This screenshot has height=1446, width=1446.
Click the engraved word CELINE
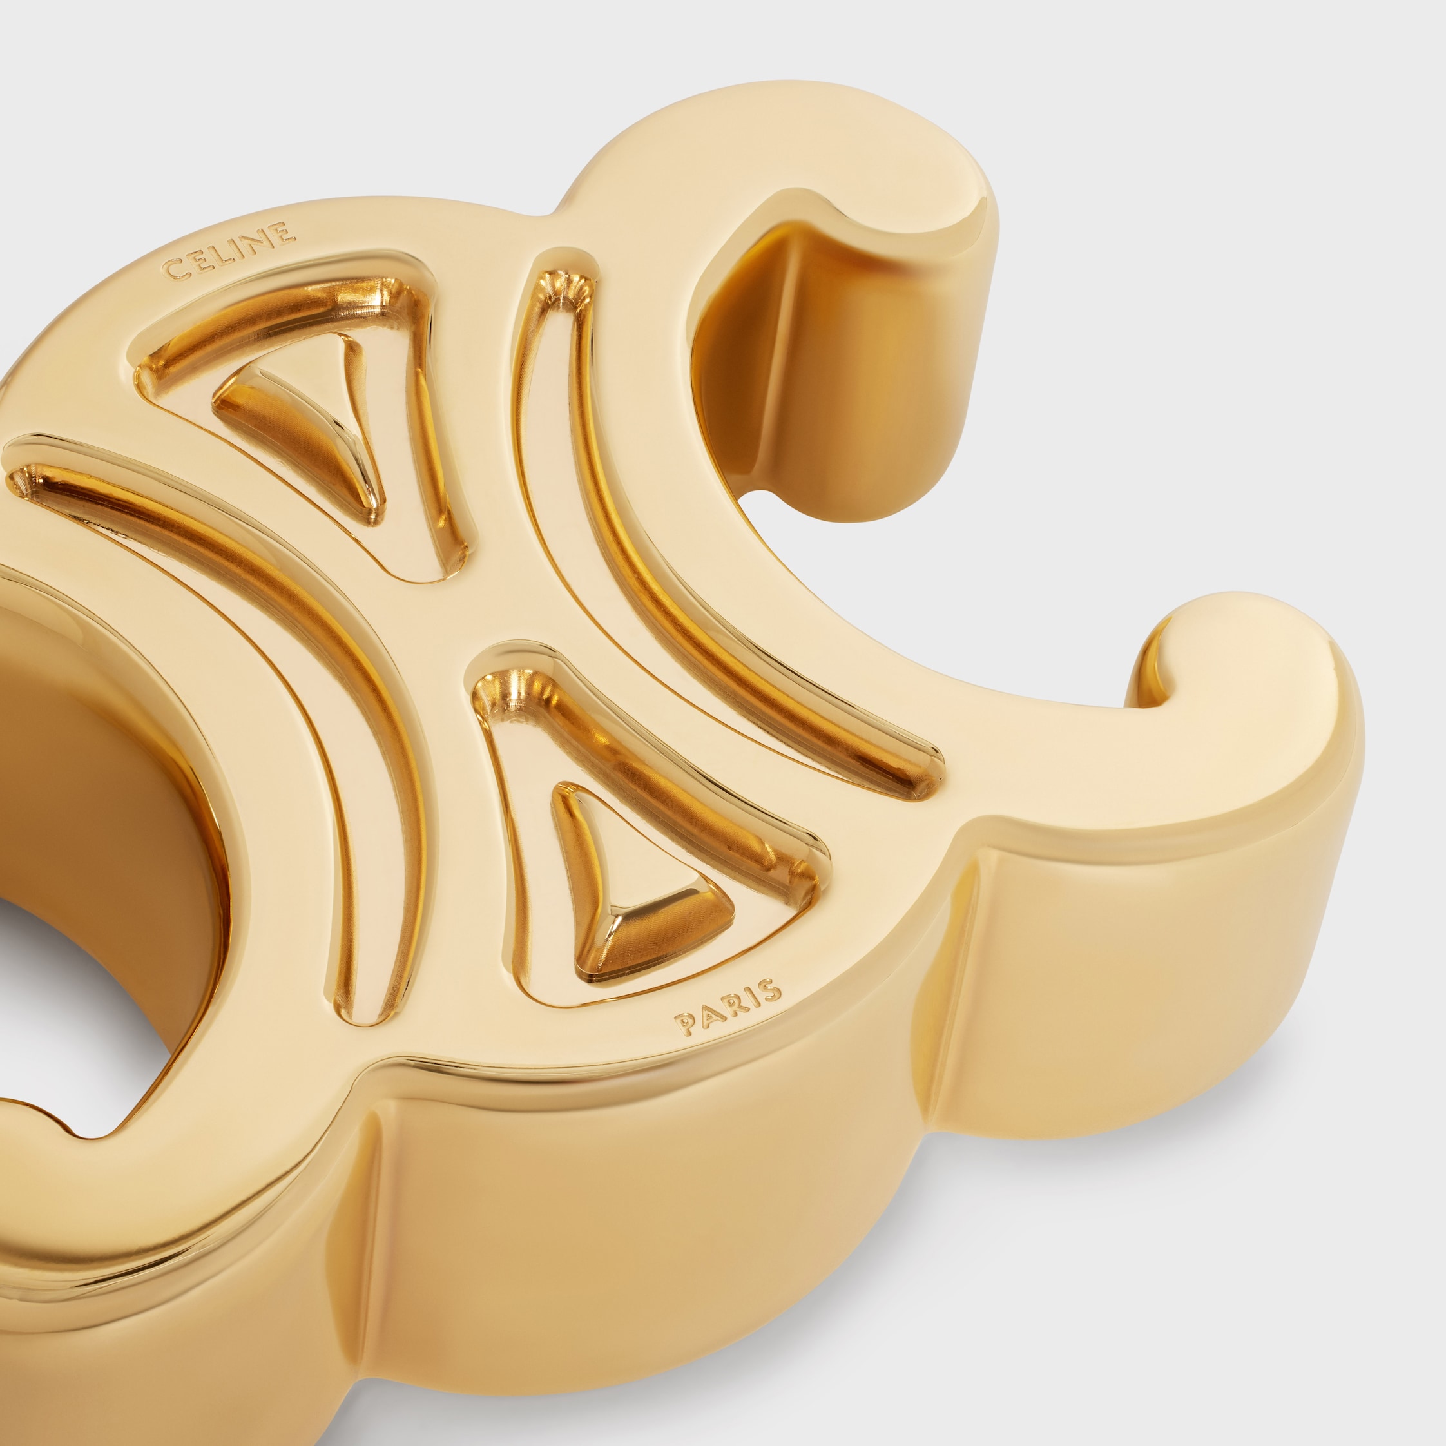[228, 251]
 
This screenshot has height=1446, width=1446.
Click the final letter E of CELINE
[284, 232]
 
